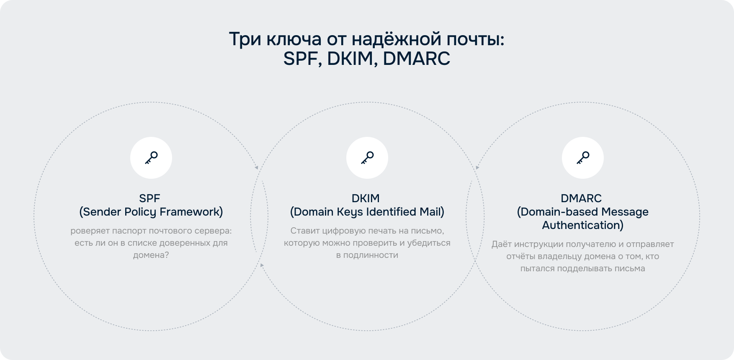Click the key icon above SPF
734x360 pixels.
pos(151,158)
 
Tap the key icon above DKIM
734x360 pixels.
pos(367,158)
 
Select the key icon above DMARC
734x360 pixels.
pos(583,158)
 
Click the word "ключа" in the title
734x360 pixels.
pos(294,39)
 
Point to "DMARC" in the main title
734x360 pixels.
pos(417,59)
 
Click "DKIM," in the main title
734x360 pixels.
pos(352,59)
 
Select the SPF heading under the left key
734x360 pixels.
pos(149,198)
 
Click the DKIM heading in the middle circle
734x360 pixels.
pos(366,198)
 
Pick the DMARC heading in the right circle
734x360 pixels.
pos(581,198)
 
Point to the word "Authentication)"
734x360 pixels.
pos(583,225)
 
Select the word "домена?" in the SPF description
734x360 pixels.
pos(151,255)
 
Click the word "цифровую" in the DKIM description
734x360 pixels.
pos(345,231)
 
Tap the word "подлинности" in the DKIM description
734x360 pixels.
pos(371,255)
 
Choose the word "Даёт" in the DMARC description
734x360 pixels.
pos(502,244)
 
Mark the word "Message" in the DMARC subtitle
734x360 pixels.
pos(625,212)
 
